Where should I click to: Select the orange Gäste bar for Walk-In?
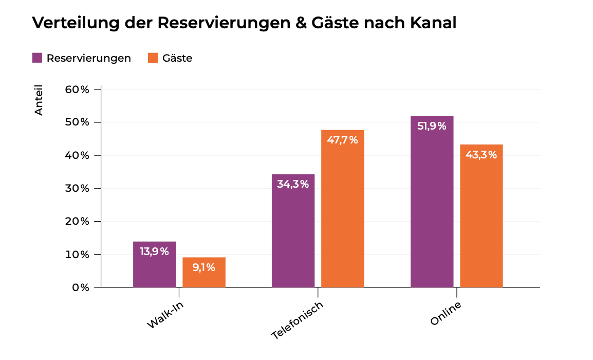204,278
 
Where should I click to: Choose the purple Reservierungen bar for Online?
432,206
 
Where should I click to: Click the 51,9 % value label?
432,126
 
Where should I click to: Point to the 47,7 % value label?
342,140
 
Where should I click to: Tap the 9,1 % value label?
204,267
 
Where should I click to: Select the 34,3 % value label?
293,184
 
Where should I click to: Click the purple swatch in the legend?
37,58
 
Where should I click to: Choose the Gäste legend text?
177,58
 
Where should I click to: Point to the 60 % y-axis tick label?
77,89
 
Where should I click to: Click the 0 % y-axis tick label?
80,287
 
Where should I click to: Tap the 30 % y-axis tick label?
77,188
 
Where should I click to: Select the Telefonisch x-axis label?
298,320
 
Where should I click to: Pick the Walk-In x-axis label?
165,314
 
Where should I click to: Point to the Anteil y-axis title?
39,100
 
